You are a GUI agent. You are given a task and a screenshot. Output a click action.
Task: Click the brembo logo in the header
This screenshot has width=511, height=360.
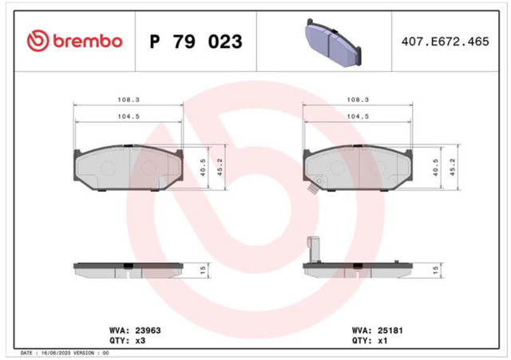[x=74, y=41]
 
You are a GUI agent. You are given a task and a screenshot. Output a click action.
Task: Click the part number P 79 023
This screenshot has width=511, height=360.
[x=196, y=42]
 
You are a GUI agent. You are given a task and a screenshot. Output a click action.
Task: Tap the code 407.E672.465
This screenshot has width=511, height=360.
[x=446, y=42]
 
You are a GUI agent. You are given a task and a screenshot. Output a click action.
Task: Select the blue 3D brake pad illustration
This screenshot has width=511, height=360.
[x=334, y=42]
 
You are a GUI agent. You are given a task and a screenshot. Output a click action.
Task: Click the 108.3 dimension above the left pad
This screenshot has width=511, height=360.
[x=129, y=100]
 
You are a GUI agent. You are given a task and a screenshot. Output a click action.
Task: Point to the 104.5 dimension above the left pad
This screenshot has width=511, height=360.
[x=129, y=117]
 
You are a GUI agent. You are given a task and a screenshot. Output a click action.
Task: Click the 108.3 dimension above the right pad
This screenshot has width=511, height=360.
[x=358, y=100]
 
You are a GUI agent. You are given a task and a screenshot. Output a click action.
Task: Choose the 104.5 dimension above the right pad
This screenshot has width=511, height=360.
[x=358, y=117]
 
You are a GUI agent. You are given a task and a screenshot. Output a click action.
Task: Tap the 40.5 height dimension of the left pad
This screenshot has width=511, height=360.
[x=203, y=167]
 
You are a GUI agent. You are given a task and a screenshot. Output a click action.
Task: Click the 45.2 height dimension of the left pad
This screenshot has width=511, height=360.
[x=220, y=167]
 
